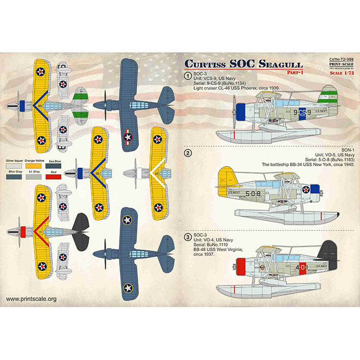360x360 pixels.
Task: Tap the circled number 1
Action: (188, 76)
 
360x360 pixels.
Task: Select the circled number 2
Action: (188, 153)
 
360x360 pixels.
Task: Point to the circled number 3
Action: (188, 237)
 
